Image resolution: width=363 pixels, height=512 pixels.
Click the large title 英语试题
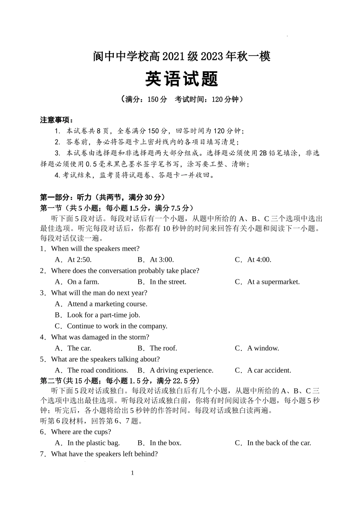coord(181,79)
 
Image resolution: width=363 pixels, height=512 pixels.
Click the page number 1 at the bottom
coord(133,473)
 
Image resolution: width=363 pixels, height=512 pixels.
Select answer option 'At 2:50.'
coord(79,260)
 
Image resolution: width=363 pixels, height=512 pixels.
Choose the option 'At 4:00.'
coord(259,260)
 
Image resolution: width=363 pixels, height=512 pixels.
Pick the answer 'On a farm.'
coord(83,282)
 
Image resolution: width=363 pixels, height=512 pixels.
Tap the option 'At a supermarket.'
coord(273,282)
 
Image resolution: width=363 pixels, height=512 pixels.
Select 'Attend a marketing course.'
coord(107,304)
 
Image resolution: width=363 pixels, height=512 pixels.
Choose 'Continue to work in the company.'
coord(117,326)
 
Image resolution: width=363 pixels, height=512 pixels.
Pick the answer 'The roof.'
coord(163,348)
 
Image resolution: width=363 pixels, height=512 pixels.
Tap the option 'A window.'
coord(263,348)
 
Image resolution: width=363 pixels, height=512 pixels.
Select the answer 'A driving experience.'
coord(181,370)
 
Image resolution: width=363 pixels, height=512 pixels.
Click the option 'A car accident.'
coord(269,370)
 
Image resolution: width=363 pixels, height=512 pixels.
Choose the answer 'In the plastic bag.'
coord(93,443)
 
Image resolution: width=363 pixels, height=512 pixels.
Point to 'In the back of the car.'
coord(279,443)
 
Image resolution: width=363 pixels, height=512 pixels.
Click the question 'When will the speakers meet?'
coord(95,249)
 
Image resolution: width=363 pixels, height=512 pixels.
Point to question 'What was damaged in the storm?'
coord(100,337)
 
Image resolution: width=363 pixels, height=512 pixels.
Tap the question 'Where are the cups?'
coord(81,432)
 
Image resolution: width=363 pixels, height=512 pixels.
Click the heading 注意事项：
coord(57,120)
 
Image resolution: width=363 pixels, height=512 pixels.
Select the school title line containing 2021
coord(181,57)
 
